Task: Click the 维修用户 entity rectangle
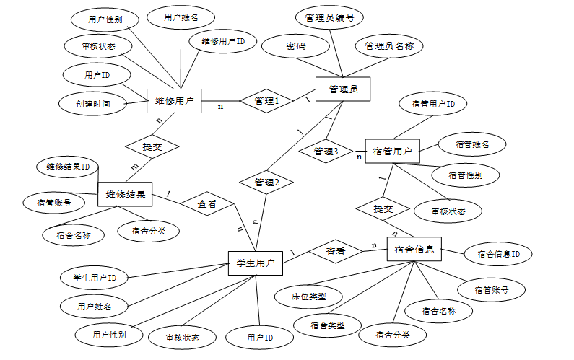174,101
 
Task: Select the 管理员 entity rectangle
343,89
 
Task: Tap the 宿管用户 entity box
392,152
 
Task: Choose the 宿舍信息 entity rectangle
414,249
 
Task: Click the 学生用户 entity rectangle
255,264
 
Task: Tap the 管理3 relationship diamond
326,151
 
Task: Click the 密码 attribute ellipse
296,46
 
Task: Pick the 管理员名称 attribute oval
388,46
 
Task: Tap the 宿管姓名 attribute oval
472,144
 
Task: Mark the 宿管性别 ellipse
466,175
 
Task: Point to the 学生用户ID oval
95,278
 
